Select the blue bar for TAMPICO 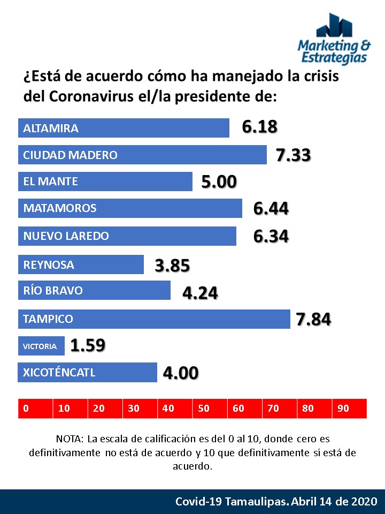[154, 319]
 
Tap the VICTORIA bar [41, 346]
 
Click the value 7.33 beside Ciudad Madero [294, 155]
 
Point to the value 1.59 [88, 345]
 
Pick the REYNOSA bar [81, 264]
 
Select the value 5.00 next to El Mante [219, 182]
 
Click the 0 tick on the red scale [26, 409]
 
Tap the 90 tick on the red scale [343, 409]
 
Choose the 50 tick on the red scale [204, 409]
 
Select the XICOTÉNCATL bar [88, 372]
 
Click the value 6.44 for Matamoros [271, 208]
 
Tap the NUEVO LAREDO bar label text [66, 236]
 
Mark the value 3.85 [172, 266]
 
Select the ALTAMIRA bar [124, 128]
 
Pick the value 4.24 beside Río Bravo [200, 293]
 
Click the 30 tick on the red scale [134, 409]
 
